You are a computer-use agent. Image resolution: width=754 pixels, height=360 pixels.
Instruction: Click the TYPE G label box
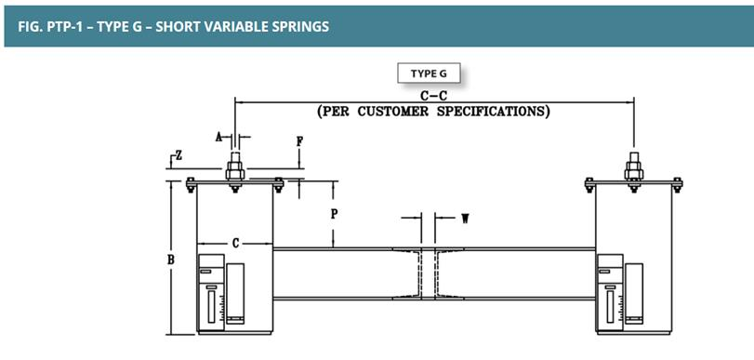coord(429,73)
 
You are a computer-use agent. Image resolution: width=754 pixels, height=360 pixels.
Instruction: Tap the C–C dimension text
coord(433,96)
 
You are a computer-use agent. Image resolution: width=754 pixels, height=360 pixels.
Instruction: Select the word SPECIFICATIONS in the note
coord(492,112)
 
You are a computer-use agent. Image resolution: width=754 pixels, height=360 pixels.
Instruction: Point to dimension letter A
coord(218,138)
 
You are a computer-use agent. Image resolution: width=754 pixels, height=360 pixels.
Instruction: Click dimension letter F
coord(299,141)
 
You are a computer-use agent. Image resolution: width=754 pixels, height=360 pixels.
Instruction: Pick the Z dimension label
coord(179,155)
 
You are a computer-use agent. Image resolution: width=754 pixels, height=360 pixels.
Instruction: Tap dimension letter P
coord(334,214)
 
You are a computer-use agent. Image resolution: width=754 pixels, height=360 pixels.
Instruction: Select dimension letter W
coord(465,219)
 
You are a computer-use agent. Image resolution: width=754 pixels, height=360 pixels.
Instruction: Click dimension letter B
coord(171,260)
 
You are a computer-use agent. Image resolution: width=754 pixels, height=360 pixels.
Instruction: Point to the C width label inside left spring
coord(235,244)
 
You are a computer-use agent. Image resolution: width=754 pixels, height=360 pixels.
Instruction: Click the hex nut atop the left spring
coord(235,171)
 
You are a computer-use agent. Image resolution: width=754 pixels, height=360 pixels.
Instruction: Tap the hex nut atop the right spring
coord(634,171)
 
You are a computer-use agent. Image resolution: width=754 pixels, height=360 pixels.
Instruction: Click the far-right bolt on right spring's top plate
coord(677,185)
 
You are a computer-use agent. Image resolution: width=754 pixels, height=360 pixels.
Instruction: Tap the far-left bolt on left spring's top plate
coord(191,185)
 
